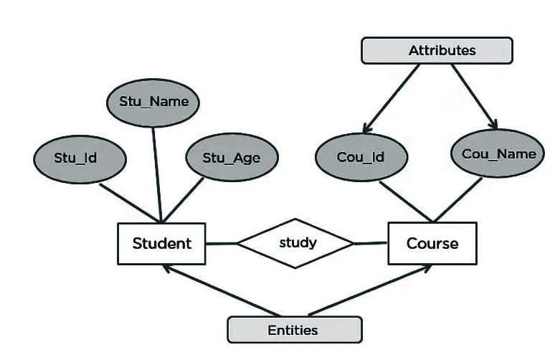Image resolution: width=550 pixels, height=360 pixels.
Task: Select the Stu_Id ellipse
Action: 75,157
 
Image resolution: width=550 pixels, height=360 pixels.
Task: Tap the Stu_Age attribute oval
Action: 231,157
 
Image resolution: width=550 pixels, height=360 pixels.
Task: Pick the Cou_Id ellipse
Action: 361,156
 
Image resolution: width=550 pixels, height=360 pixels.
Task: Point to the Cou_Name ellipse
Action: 498,153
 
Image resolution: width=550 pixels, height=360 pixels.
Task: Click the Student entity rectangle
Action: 161,243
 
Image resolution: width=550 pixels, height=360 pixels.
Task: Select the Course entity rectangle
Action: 432,243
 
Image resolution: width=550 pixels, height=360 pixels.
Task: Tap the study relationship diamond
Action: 296,243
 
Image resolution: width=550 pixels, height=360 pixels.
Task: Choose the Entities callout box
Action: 294,330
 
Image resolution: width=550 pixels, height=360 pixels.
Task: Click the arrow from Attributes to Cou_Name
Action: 474,96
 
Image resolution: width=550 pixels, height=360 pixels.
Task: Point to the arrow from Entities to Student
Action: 219,290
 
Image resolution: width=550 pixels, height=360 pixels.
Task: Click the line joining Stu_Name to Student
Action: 156,172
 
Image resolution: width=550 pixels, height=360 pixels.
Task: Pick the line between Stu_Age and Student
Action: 185,198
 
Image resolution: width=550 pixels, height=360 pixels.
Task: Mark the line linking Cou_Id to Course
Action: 404,200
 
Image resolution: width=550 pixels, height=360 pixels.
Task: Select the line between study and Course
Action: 371,243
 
